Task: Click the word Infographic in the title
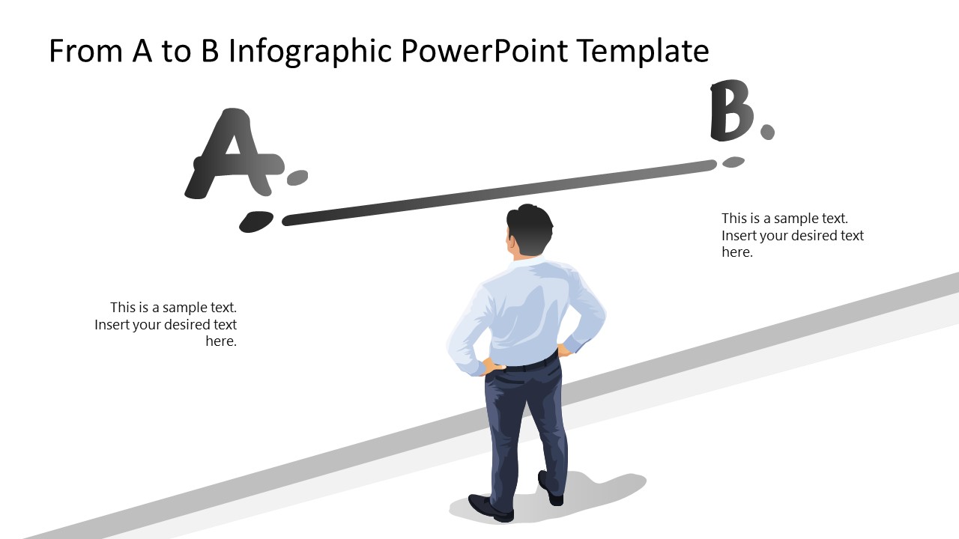coord(310,52)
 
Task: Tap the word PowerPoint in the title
coord(485,50)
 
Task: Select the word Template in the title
coord(643,52)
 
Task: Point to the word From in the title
coord(85,51)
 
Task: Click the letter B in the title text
coord(210,51)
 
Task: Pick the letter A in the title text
coord(142,51)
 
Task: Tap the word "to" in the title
coord(176,52)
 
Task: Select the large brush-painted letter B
coord(732,110)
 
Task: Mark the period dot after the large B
coord(768,132)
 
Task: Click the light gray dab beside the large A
coord(297,177)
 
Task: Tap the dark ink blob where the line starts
coord(256,222)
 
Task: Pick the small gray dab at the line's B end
coord(733,162)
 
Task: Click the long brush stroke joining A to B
coord(499,192)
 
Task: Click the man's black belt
coord(531,364)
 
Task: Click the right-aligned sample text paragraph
coord(166,324)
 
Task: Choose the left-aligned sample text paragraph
coord(793,235)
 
